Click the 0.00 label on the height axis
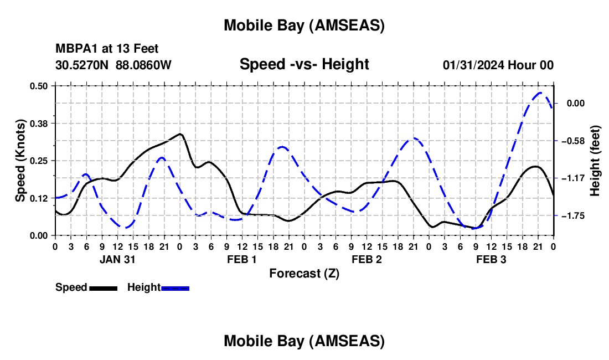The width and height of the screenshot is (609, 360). (x=575, y=104)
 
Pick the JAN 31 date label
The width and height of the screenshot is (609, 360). (x=117, y=259)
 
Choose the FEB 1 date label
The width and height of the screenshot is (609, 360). (x=242, y=259)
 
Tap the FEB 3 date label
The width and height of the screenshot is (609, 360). (x=491, y=259)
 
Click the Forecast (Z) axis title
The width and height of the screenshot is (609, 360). (x=304, y=273)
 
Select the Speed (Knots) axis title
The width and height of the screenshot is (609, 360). (x=20, y=161)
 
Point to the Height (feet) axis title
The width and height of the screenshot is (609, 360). (x=596, y=161)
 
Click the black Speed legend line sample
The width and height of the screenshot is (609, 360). (x=102, y=287)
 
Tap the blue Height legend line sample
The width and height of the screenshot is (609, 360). (x=175, y=287)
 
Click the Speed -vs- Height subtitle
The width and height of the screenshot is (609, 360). (x=304, y=64)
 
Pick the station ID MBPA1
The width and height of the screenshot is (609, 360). (x=74, y=49)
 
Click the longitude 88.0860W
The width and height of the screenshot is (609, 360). (x=143, y=65)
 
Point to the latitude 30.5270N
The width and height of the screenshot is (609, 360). (x=82, y=65)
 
